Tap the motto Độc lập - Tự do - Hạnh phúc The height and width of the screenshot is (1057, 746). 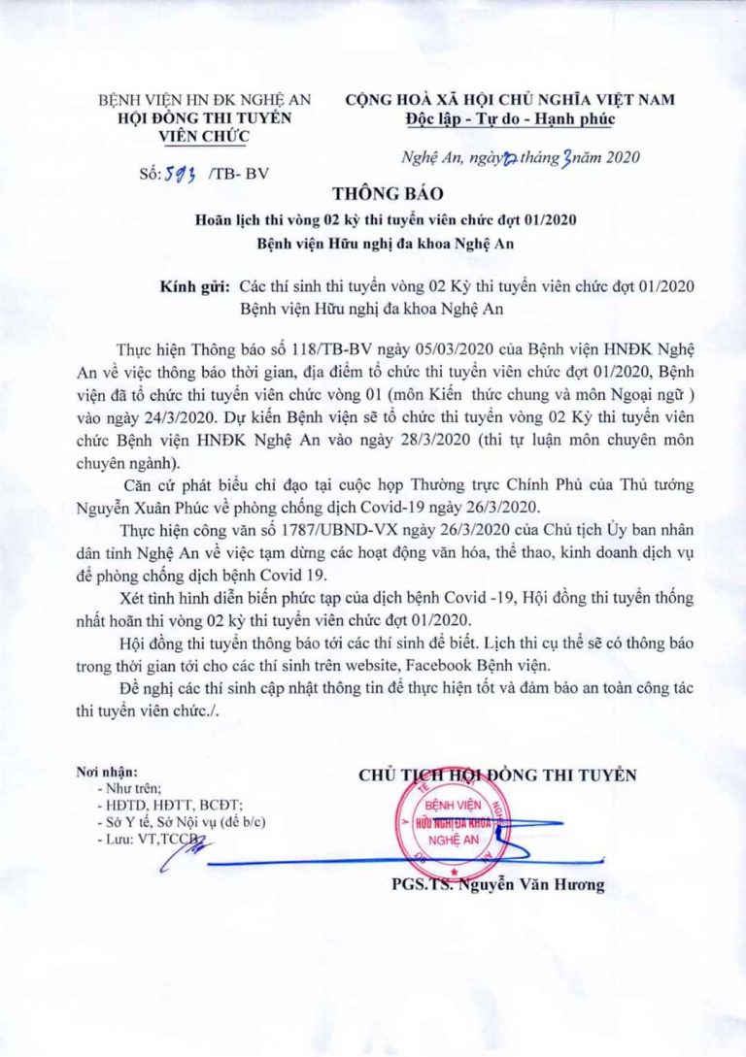click(510, 119)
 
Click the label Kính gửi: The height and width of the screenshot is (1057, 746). click(193, 287)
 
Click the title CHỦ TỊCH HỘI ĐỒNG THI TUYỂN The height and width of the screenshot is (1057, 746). click(497, 775)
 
